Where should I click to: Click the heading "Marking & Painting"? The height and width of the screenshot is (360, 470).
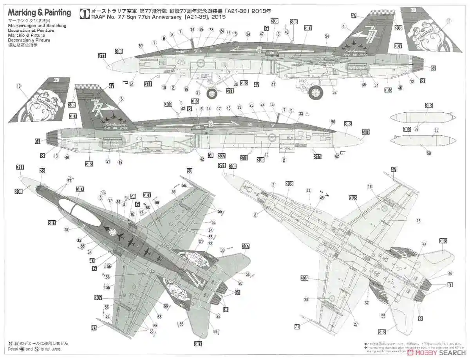pos(39,13)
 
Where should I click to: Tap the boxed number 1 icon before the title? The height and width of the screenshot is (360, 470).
pos(83,14)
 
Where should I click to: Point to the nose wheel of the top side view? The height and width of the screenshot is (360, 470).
pos(212,94)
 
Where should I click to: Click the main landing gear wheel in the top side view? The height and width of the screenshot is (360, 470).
pos(316,92)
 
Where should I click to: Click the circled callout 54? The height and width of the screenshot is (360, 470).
pos(327,36)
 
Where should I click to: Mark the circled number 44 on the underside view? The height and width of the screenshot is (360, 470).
pos(309,191)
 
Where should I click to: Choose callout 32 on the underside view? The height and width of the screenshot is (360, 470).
pos(367,302)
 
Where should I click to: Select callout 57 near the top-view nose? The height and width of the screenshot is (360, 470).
pos(69,181)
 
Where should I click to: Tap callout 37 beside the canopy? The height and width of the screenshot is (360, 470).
pos(66,229)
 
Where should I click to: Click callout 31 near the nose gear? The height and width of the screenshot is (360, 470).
pos(198,93)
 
